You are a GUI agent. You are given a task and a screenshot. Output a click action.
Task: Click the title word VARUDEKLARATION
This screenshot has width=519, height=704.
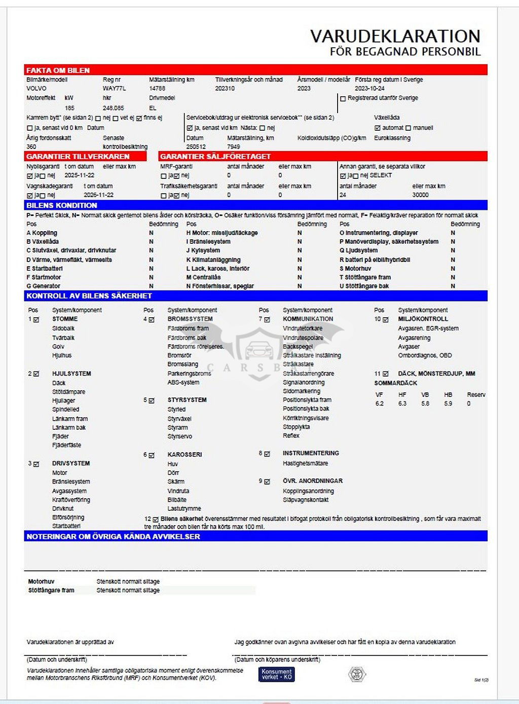click(395, 36)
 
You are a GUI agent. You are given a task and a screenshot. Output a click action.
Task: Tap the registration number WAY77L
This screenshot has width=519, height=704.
click(114, 89)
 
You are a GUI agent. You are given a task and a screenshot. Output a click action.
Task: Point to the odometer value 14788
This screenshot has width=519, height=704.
click(157, 89)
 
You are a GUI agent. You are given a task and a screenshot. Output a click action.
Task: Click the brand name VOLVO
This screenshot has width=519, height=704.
click(36, 89)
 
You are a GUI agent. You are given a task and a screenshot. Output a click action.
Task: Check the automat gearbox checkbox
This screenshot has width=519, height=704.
click(377, 128)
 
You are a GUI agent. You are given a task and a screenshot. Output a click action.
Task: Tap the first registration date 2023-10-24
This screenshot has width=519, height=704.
click(369, 89)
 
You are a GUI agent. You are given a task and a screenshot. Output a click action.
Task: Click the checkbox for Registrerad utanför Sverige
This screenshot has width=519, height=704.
click(343, 99)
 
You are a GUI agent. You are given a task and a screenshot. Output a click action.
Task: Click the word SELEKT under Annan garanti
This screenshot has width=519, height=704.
click(381, 175)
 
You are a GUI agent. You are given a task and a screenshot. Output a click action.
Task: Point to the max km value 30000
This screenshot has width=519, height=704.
click(420, 195)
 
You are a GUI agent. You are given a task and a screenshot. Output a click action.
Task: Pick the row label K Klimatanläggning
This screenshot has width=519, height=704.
click(213, 260)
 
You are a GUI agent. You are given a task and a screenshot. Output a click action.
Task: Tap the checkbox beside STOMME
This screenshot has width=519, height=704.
click(36, 320)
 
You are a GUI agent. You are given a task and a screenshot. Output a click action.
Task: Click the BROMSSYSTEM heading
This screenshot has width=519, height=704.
click(190, 319)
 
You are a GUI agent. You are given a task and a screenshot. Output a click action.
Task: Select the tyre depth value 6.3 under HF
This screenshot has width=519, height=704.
click(402, 404)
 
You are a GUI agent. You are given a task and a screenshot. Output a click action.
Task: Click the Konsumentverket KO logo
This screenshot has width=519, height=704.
click(277, 674)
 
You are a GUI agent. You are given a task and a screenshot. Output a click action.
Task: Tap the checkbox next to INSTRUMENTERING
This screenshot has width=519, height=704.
click(267, 454)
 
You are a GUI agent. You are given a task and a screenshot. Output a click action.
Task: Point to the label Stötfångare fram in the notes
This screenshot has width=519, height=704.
click(51, 590)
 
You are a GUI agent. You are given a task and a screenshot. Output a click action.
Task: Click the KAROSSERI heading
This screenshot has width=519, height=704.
click(184, 455)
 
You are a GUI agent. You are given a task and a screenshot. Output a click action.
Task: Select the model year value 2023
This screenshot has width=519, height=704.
click(304, 89)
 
